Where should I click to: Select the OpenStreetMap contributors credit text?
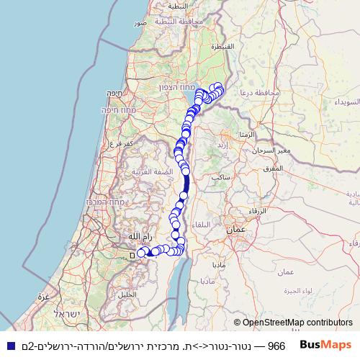pyautogui.click(x=293, y=323)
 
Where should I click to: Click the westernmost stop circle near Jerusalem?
pyautogui.click(x=141, y=253)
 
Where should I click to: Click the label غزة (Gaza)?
pyautogui.click(x=42, y=296)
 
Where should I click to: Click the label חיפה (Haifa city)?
pyautogui.click(x=113, y=93)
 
